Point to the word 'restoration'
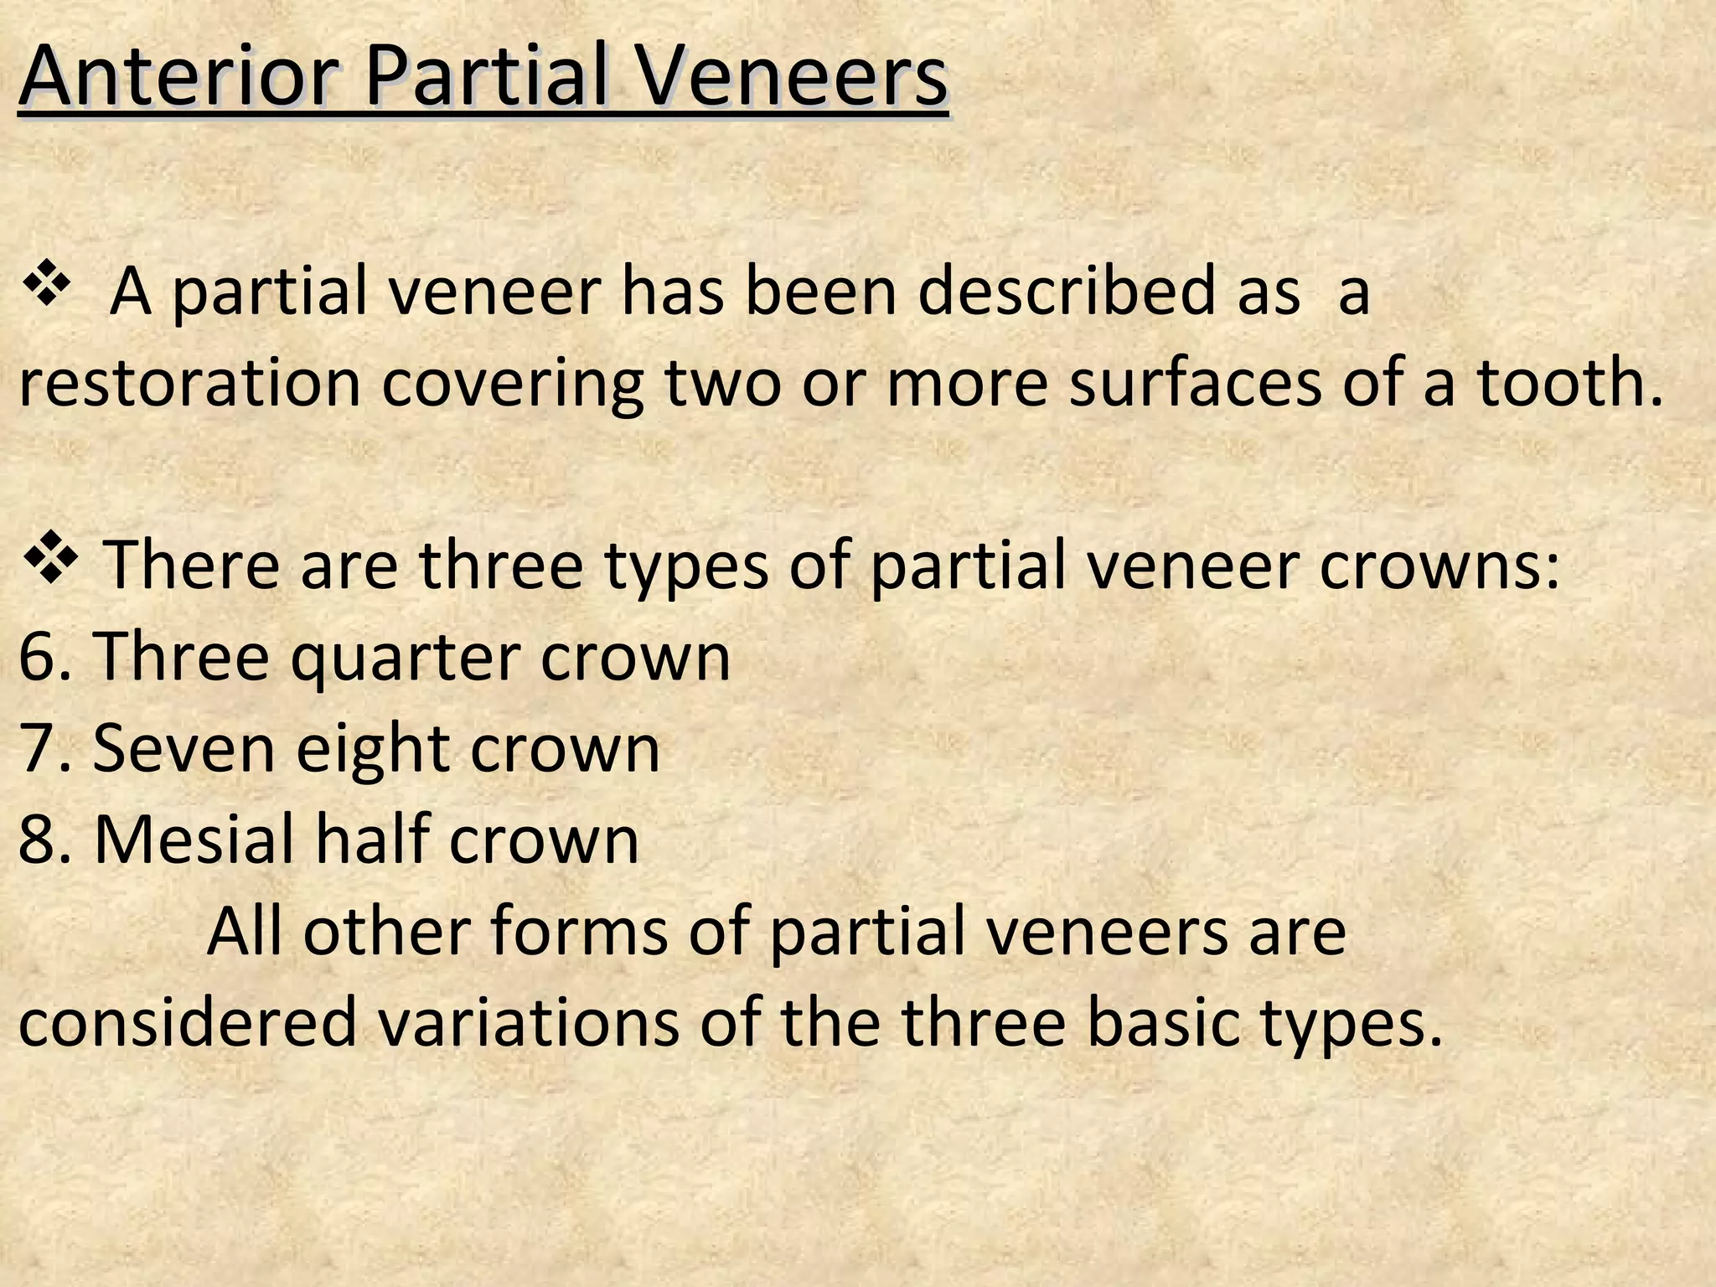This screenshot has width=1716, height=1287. tap(189, 383)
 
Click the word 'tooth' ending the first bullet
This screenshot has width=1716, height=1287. tap(1566, 383)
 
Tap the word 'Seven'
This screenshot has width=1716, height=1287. tap(183, 747)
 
